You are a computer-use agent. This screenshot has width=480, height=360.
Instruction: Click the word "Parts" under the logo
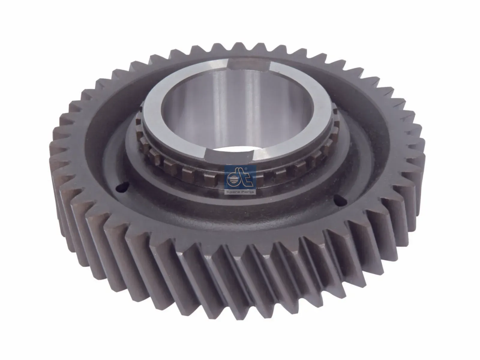[247, 191]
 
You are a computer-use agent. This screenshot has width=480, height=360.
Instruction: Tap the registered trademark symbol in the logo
[246, 169]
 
